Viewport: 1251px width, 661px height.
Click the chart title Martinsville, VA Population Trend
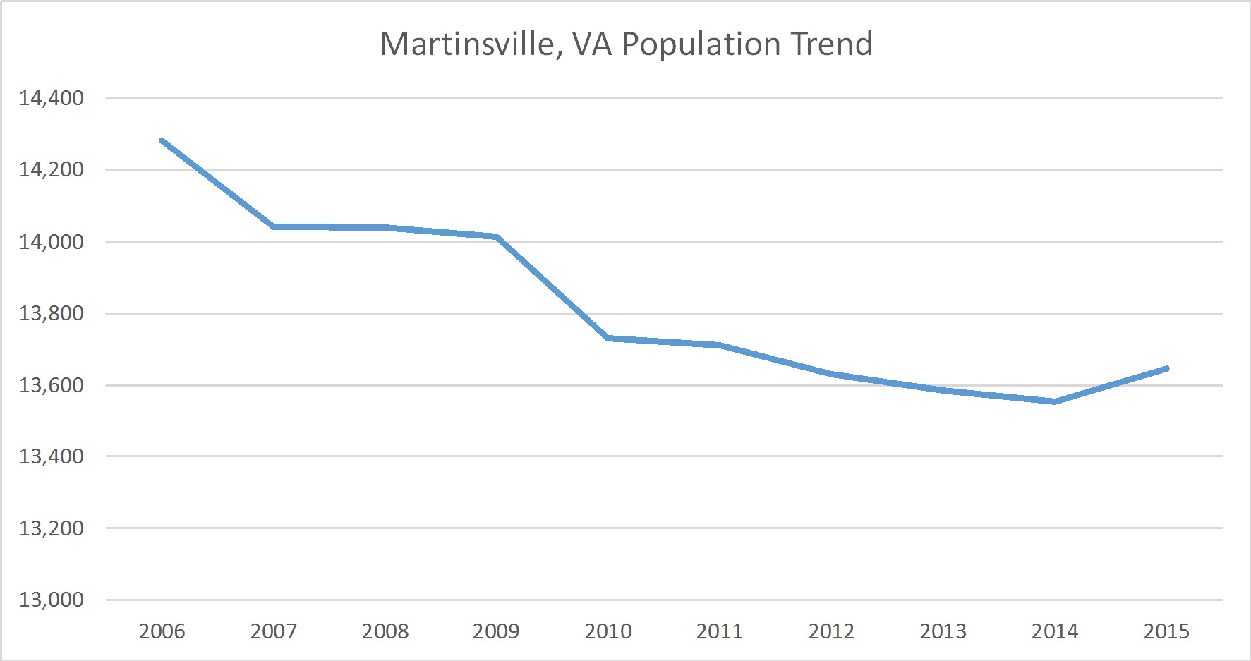tap(626, 44)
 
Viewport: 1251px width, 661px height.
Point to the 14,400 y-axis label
tap(52, 98)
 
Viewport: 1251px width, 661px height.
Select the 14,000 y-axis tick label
tap(52, 242)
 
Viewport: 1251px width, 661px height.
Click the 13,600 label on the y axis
tap(52, 385)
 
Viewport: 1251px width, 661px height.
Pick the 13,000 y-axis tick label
tap(52, 600)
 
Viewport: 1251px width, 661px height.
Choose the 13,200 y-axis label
tap(52, 528)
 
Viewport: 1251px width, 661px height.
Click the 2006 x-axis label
tap(162, 631)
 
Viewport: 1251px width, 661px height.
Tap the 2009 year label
tap(496, 631)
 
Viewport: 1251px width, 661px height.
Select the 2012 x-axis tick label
tap(831, 631)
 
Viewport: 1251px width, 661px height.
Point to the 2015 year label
tap(1166, 631)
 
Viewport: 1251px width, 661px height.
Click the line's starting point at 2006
tap(162, 140)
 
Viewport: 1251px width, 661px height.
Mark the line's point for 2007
tap(274, 226)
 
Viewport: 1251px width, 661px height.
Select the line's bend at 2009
tap(497, 236)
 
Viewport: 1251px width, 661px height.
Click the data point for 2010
tap(608, 339)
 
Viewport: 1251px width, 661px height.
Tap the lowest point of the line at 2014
tap(1055, 401)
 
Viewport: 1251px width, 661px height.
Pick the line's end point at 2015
tap(1166, 368)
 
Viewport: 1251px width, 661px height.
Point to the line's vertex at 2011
tap(720, 345)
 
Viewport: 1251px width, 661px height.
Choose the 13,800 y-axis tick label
tap(52, 313)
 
